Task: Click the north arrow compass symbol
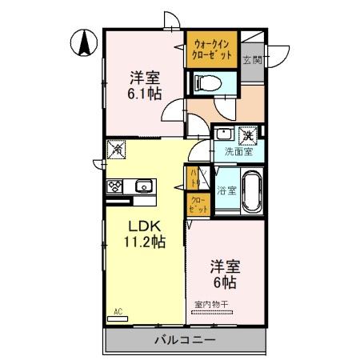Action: (x=84, y=42)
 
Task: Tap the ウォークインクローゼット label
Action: (x=213, y=50)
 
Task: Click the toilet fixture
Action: (x=207, y=82)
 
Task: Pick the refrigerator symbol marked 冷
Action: (x=117, y=148)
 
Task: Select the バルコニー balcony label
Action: (x=184, y=340)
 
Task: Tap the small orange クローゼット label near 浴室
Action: (x=197, y=203)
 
